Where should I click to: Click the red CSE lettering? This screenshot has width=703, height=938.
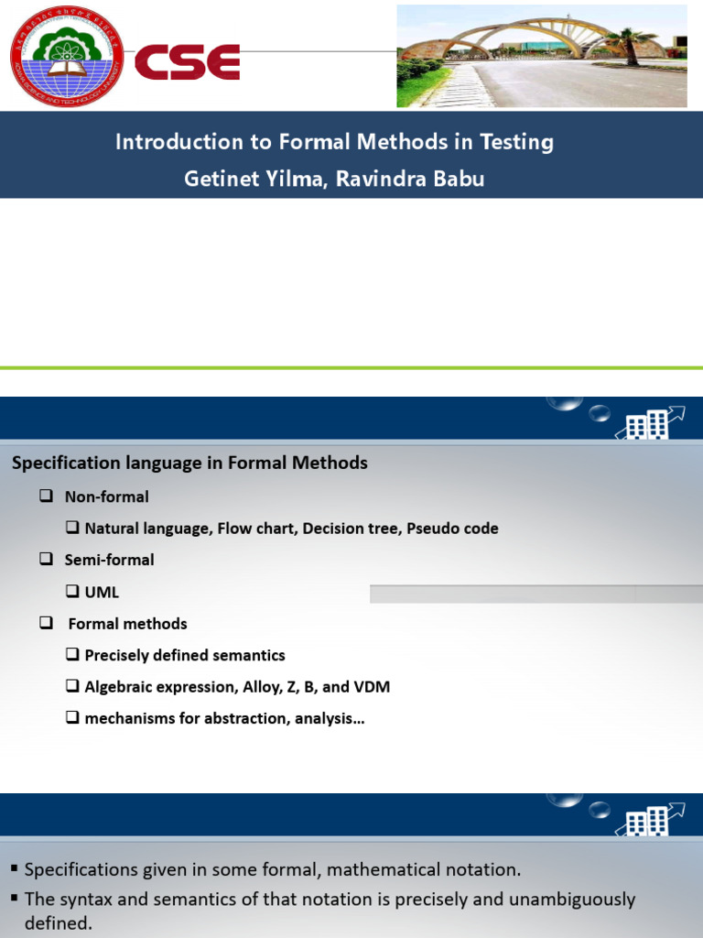[x=188, y=62]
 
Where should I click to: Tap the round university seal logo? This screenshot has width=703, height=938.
[x=66, y=55]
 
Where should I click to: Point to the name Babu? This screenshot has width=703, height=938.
[x=460, y=179]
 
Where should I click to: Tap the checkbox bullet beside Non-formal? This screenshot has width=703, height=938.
[x=46, y=496]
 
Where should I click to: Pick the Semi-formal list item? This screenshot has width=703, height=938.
[x=109, y=560]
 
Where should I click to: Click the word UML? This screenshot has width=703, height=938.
[x=102, y=592]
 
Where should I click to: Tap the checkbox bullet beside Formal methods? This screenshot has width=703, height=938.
[x=46, y=623]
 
